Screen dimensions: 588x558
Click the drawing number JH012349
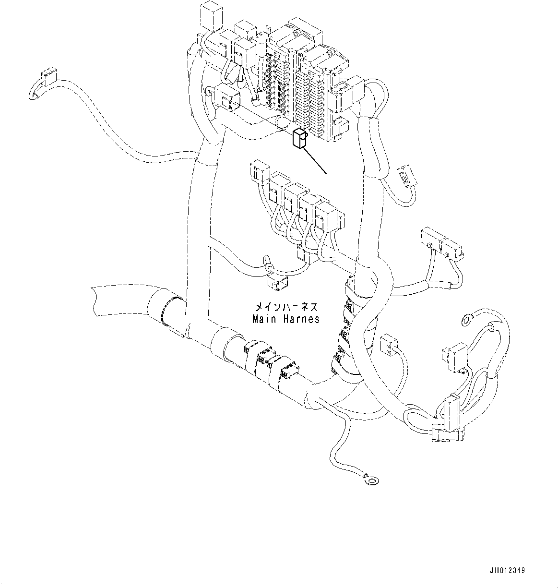point(507,571)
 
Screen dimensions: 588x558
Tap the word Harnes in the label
point(301,319)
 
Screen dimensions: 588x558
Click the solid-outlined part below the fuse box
point(299,139)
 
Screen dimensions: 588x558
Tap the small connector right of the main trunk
point(388,344)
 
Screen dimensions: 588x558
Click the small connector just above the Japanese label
point(276,283)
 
